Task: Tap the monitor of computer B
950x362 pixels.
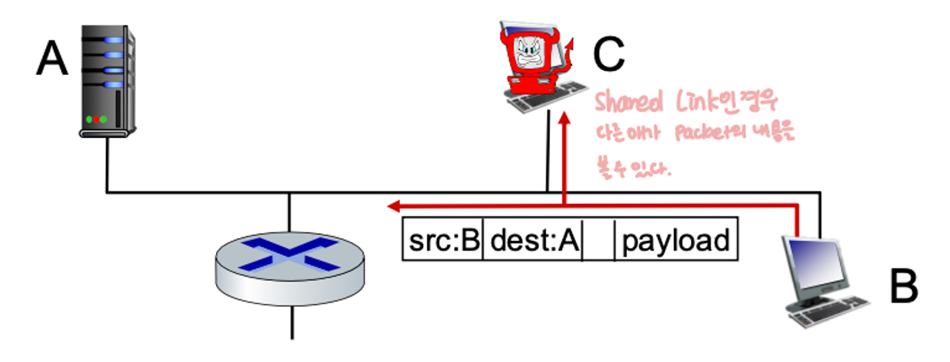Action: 816,263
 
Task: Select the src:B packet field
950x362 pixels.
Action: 443,240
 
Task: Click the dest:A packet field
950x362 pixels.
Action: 533,240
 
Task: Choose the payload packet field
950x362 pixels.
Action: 675,240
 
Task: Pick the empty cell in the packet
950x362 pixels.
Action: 599,240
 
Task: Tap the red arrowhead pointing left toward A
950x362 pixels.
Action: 396,205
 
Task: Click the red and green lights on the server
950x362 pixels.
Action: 96,119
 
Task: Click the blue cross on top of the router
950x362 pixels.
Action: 290,251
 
